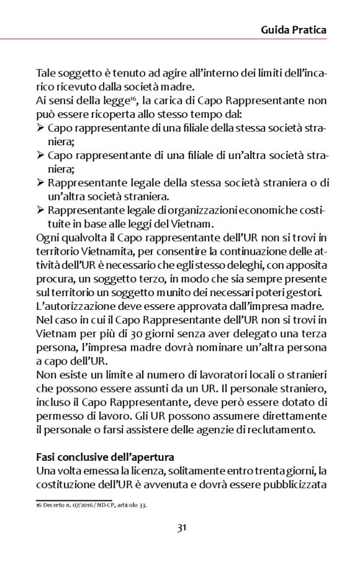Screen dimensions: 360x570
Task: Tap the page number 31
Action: coord(181,528)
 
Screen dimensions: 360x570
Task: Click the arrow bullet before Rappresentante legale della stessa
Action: coord(40,183)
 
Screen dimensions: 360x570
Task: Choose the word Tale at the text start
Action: coord(47,72)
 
